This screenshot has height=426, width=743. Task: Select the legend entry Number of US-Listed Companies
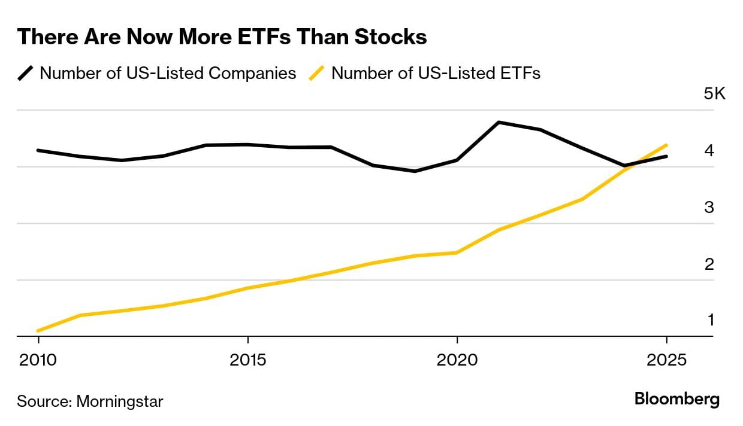[168, 73]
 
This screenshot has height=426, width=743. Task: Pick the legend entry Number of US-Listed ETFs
[436, 73]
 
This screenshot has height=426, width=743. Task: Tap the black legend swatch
[26, 73]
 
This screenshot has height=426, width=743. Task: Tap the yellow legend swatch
[317, 73]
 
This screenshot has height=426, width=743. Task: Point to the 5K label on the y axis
[714, 94]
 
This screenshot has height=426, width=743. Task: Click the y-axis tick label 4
[709, 150]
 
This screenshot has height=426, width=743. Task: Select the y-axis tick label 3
[709, 207]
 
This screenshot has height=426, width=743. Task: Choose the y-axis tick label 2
[709, 264]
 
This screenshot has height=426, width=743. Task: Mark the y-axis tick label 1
[711, 320]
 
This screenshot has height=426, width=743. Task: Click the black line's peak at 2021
[499, 122]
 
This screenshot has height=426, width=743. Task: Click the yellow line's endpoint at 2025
[666, 145]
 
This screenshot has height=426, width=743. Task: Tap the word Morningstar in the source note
[119, 401]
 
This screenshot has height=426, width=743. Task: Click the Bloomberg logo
[677, 400]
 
